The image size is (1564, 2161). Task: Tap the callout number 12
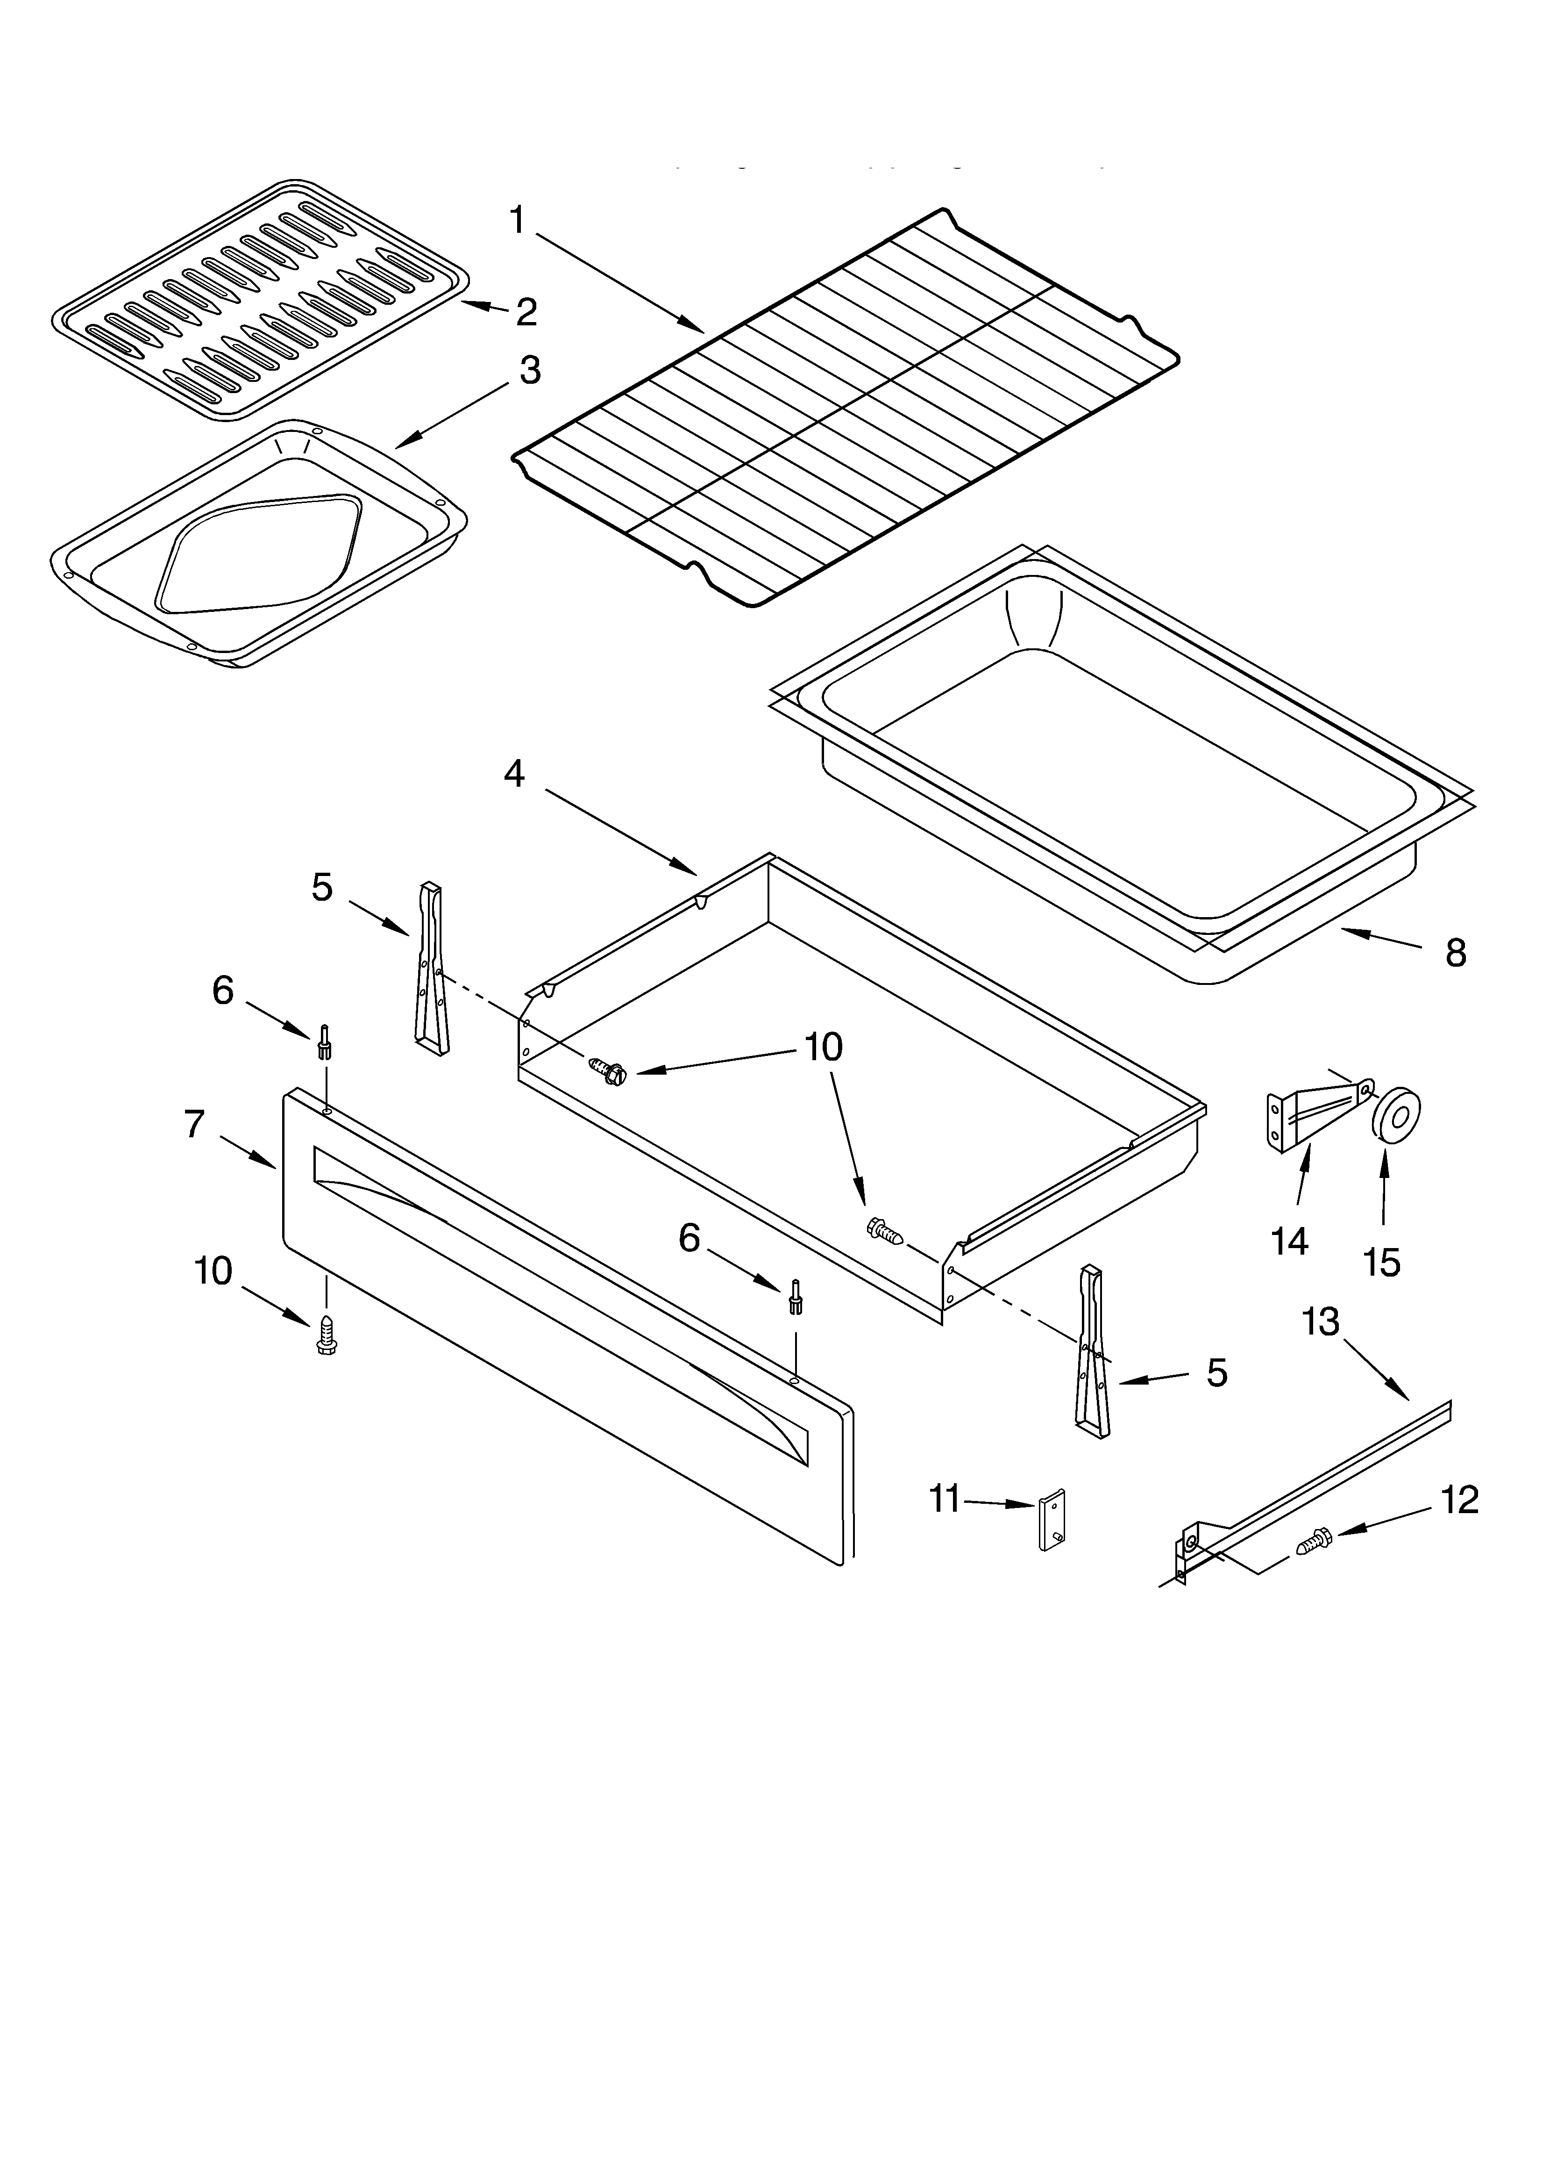1459,1500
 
